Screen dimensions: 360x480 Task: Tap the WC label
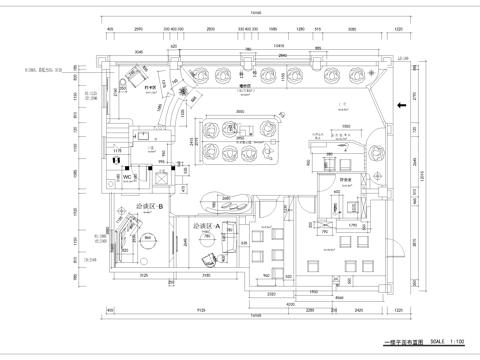(x=128, y=177)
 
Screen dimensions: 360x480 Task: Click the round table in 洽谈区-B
(x=148, y=241)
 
